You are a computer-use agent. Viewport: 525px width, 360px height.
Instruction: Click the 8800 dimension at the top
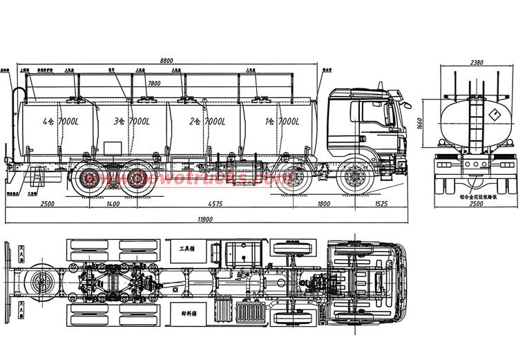(166, 61)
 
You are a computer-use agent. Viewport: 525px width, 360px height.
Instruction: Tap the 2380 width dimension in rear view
(475, 62)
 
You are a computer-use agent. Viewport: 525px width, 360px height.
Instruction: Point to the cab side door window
(373, 113)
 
